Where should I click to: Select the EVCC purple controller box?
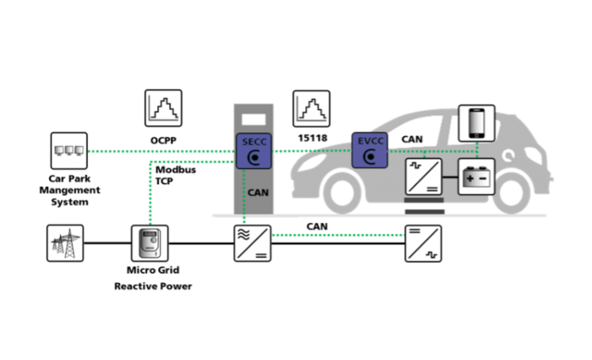370,150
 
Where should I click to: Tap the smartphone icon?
476,123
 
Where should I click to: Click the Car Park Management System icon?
69,150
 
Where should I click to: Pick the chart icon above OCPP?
164,109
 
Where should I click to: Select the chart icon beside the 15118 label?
311,109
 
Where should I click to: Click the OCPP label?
164,139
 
